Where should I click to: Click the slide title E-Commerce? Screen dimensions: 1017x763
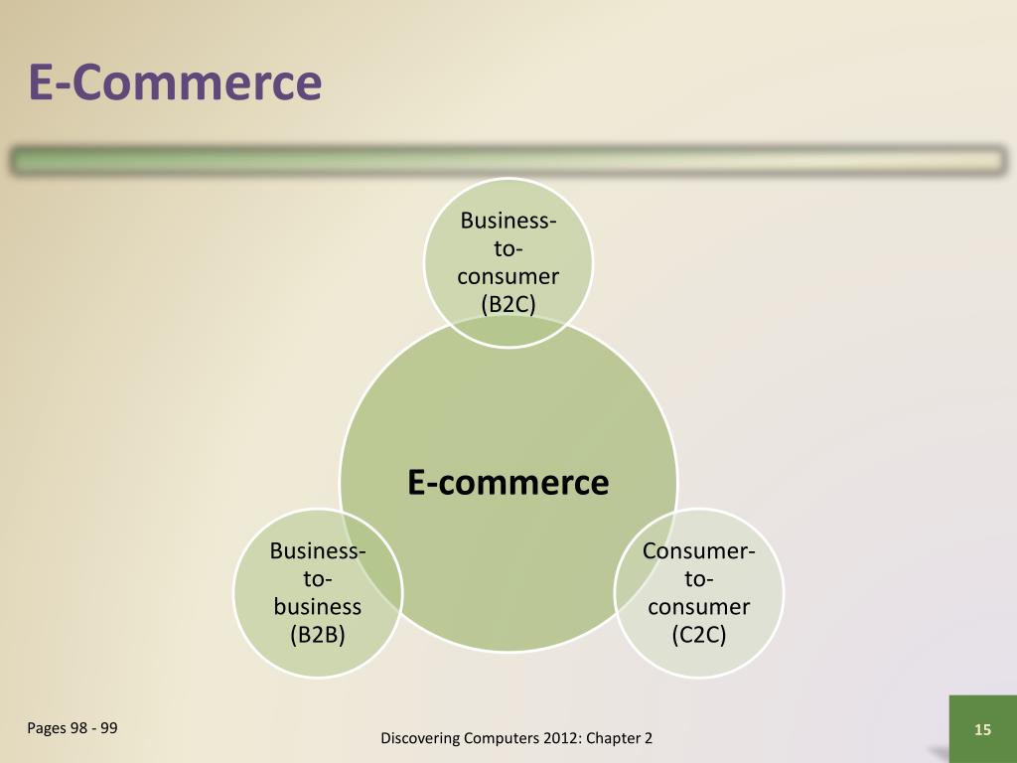(x=175, y=83)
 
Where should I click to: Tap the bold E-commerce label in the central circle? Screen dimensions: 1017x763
(x=508, y=482)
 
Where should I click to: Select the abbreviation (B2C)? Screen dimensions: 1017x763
(x=508, y=304)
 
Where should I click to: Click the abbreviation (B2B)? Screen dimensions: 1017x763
(x=317, y=634)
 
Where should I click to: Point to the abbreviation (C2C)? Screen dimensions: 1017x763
(x=698, y=634)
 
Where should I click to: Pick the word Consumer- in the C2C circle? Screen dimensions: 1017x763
(x=698, y=550)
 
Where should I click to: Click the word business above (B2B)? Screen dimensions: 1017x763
(x=317, y=606)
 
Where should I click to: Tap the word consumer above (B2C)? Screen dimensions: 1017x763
(x=508, y=276)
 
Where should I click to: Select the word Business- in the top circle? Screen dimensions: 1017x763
(x=508, y=221)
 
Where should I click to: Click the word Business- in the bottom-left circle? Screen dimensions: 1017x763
(x=317, y=550)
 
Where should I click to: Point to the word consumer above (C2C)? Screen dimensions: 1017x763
(x=698, y=606)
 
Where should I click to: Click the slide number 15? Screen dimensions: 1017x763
(x=982, y=730)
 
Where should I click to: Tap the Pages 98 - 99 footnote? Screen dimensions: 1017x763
(x=73, y=728)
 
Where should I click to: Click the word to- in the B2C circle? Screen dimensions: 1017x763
(x=508, y=248)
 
